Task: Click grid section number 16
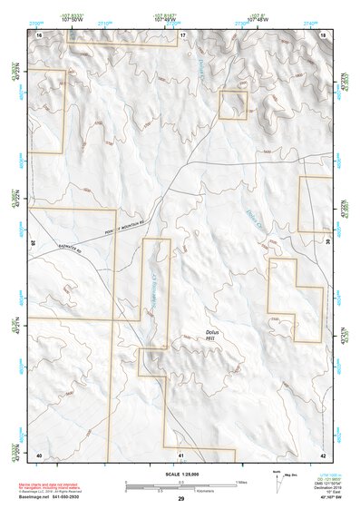point(40,34)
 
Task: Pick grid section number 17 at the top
point(181,34)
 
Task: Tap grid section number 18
point(324,34)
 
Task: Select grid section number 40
point(40,454)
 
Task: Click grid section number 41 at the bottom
point(181,454)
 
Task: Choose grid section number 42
point(323,454)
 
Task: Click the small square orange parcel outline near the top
point(233,104)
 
